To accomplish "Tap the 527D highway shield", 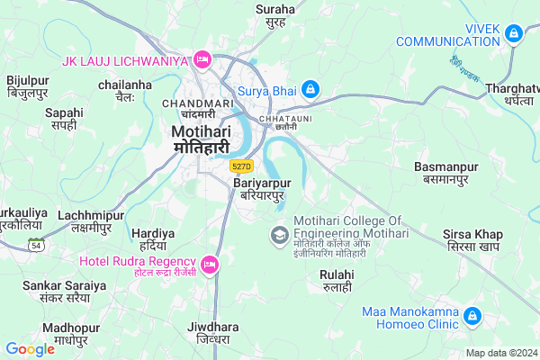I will pos(241,166).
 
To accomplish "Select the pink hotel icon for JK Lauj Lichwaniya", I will pos(202,60).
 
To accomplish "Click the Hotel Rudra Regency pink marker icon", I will pos(210,264).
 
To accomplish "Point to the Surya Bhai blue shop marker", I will pos(310,89).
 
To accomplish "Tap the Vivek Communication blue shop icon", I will pos(513,34).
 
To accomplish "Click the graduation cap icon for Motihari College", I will pos(279,236).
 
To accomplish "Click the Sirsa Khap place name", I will pos(472,240).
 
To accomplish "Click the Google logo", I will pos(31,349).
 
